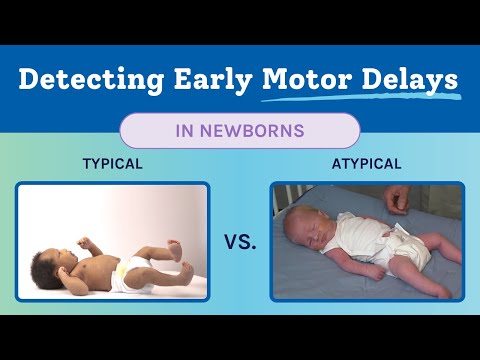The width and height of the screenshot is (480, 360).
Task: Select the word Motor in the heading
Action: click(307, 79)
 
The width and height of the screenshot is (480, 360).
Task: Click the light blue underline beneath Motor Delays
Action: click(362, 97)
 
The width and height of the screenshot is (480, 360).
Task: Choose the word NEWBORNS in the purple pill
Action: click(252, 130)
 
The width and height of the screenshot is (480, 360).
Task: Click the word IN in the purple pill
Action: click(184, 130)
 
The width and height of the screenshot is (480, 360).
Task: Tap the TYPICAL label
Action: click(113, 164)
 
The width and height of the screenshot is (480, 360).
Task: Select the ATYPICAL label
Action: click(367, 164)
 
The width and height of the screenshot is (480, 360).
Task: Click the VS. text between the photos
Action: click(240, 242)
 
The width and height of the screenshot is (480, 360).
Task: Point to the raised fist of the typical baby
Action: click(84, 243)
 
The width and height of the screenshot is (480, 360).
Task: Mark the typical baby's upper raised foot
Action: click(175, 249)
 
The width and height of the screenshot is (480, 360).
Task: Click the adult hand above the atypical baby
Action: click(397, 200)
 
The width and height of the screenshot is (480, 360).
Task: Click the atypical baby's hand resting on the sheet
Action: click(377, 273)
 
